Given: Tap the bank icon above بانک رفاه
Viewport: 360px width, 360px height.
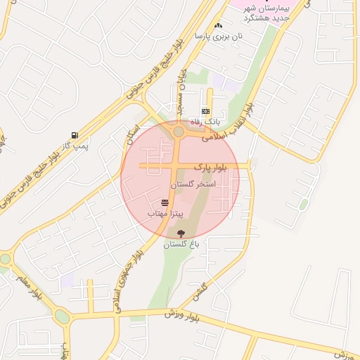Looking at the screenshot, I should click(205, 111).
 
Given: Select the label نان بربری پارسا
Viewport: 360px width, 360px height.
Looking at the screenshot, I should click(218, 35).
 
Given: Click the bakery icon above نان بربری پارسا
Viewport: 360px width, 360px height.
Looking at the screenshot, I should click(218, 25).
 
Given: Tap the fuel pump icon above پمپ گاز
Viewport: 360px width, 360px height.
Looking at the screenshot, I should click(75, 135).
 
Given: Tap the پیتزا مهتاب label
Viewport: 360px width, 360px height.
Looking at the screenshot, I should click(165, 212).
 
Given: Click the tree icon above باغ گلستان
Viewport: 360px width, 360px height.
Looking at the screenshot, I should click(182, 233).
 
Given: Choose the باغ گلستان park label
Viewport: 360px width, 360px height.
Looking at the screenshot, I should click(182, 244).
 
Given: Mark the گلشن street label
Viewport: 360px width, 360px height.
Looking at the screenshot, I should click(201, 289).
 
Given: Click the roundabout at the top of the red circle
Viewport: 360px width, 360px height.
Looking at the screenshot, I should click(178, 131).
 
